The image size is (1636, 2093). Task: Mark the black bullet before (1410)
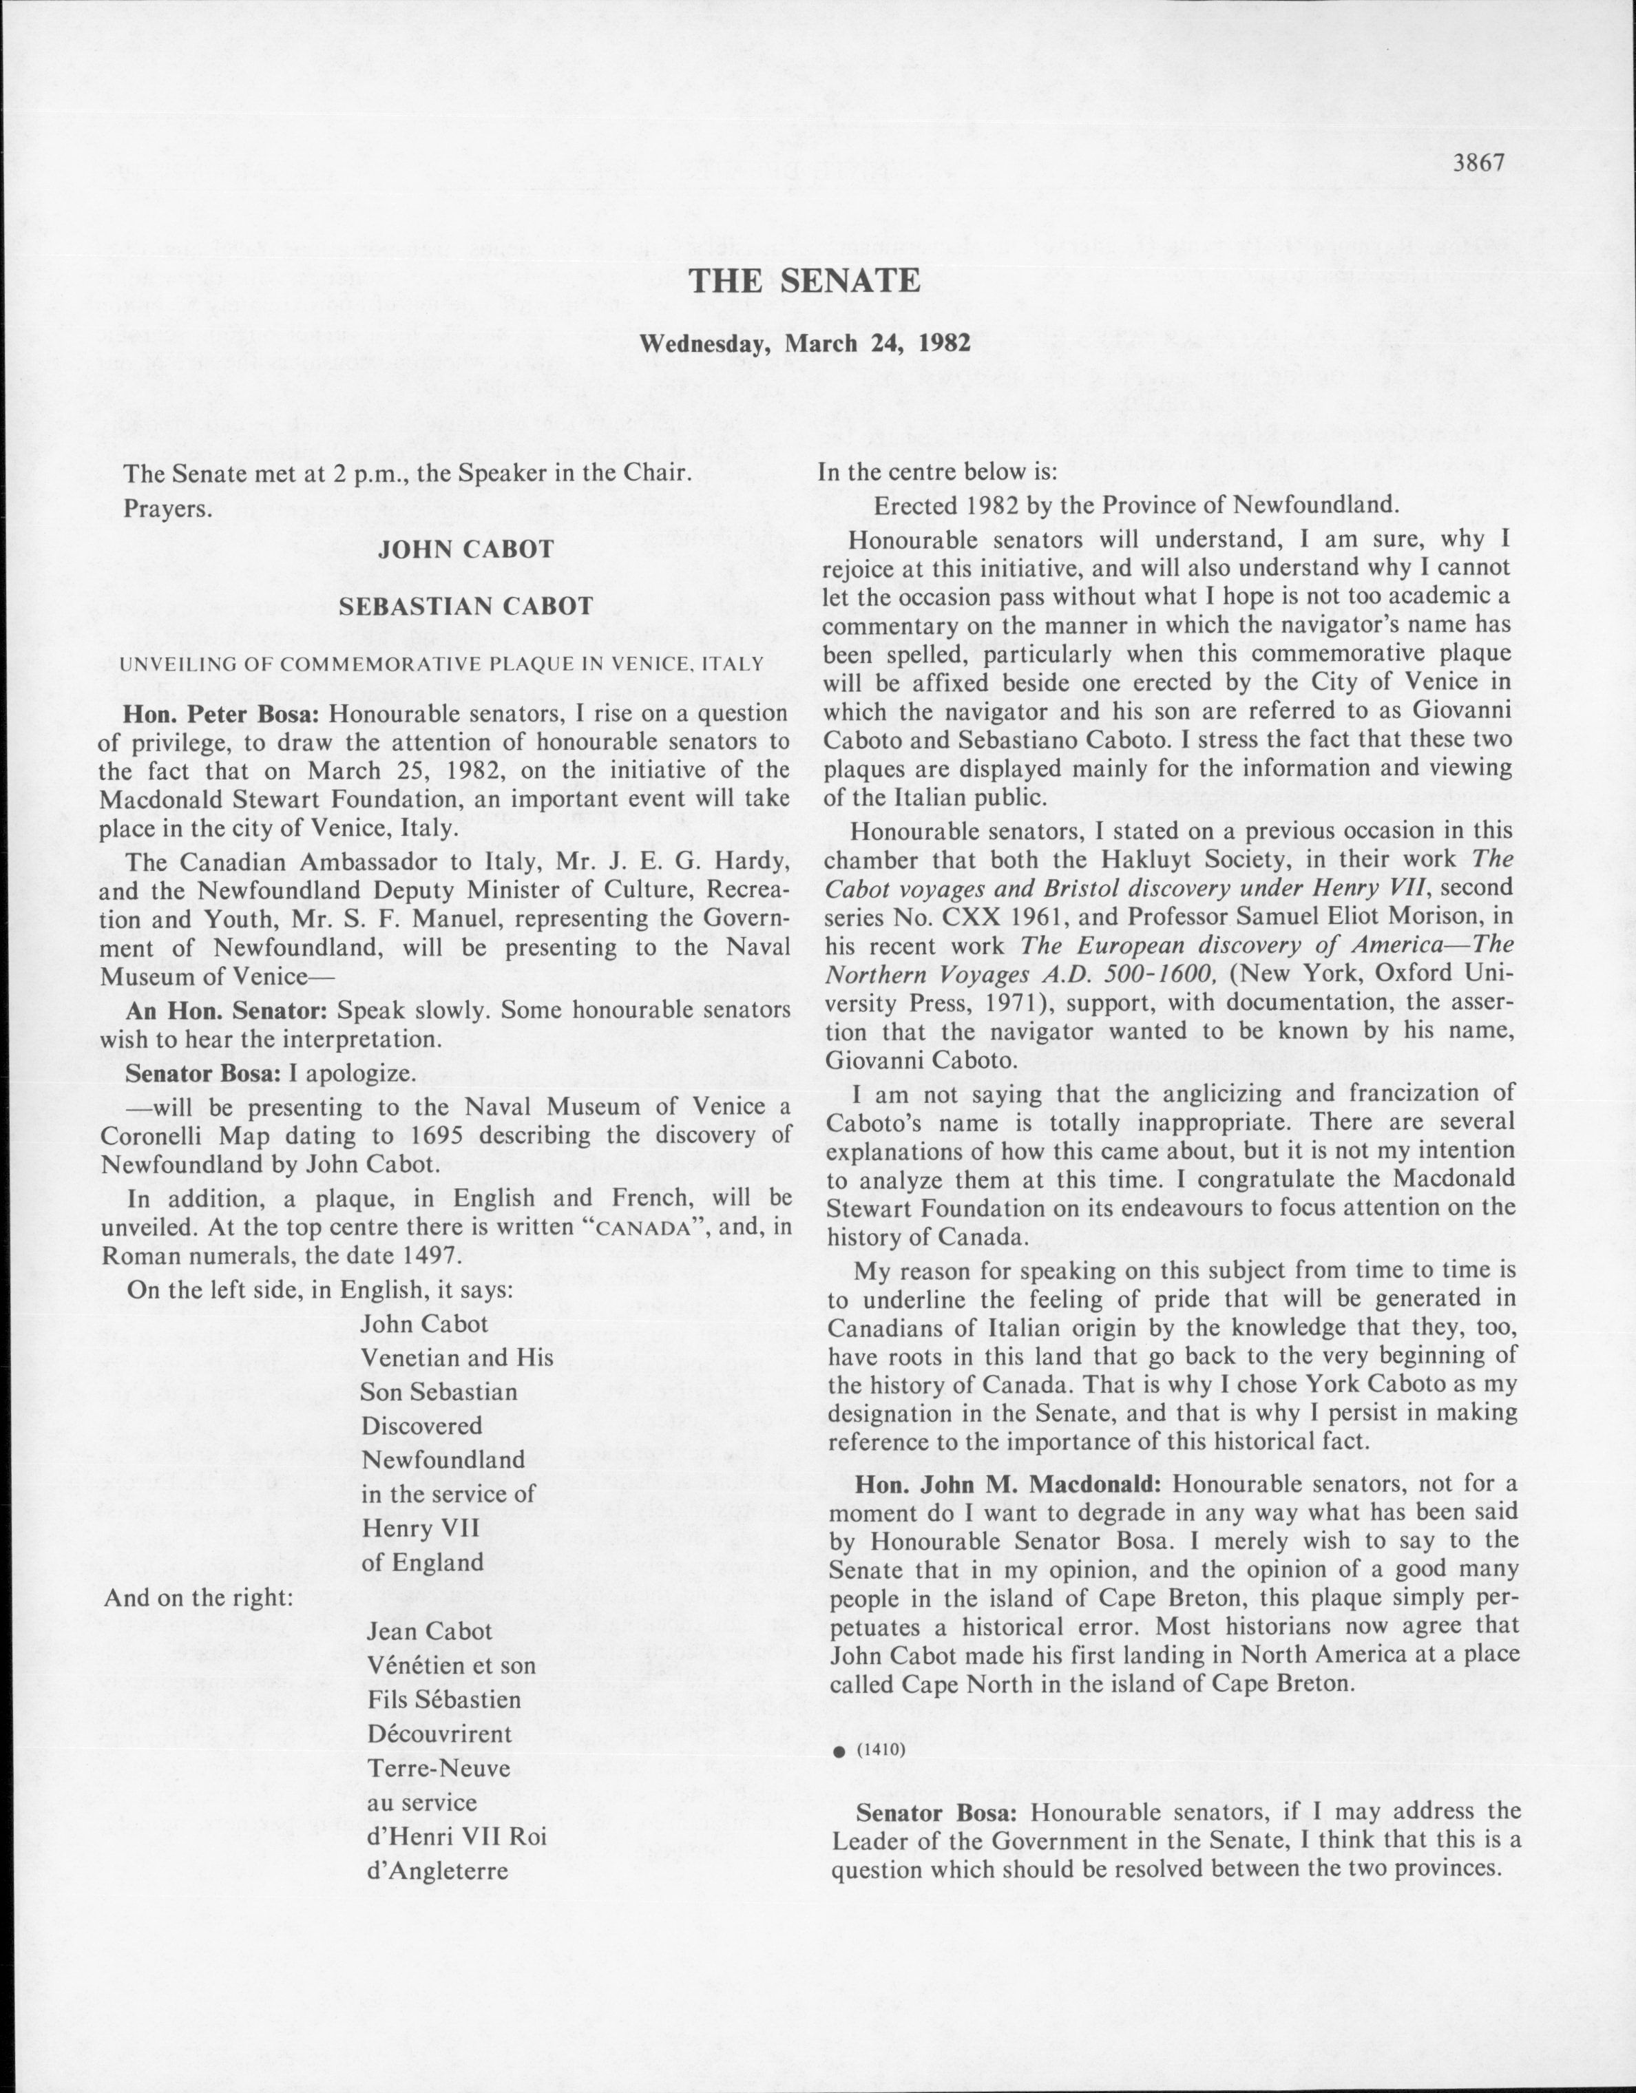(x=839, y=1751)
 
